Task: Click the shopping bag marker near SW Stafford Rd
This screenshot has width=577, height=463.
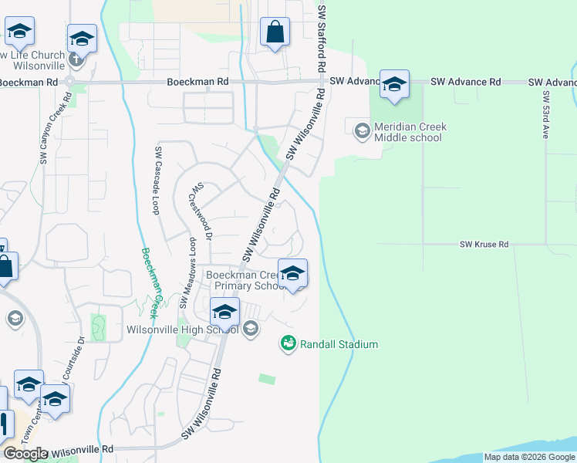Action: [275, 32]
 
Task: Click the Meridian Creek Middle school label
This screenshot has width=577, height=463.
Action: [410, 132]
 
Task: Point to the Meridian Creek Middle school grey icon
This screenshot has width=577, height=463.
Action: [361, 130]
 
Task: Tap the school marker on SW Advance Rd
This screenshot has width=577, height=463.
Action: [394, 86]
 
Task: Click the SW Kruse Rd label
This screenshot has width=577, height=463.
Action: [484, 245]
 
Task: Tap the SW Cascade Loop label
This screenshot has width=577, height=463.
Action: [158, 180]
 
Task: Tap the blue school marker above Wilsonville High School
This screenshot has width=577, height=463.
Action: [224, 311]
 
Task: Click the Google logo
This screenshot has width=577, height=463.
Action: [26, 454]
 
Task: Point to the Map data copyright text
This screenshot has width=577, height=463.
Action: [530, 457]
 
